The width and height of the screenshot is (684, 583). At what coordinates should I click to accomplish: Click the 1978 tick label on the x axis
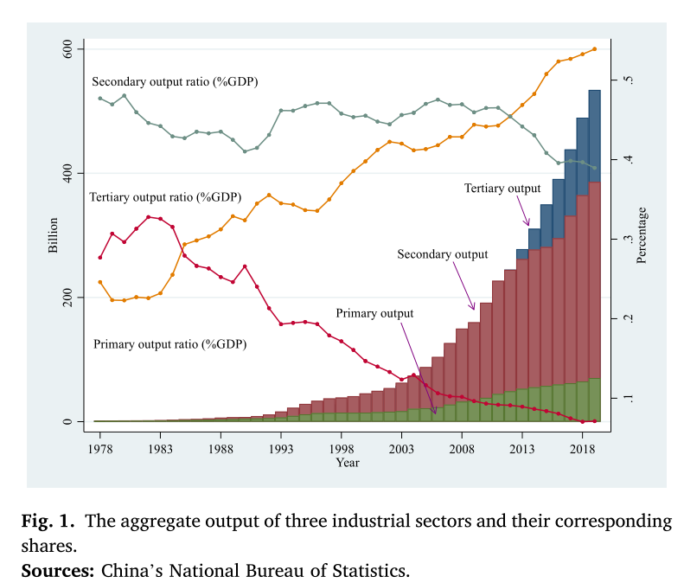click(99, 449)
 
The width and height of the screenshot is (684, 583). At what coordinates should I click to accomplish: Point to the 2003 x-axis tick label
click(401, 449)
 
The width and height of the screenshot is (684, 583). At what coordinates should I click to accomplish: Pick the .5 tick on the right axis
click(631, 80)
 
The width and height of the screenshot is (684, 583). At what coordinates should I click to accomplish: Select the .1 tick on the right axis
click(631, 399)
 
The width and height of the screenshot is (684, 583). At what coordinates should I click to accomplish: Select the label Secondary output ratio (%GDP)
click(175, 81)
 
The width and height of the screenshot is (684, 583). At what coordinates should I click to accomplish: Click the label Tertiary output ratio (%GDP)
click(165, 197)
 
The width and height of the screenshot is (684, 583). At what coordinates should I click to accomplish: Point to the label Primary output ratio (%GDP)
click(169, 343)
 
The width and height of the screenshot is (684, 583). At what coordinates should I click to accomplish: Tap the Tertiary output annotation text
click(502, 188)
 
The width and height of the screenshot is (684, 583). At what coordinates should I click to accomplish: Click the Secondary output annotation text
click(442, 254)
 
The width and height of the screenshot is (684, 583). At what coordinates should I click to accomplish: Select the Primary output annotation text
click(374, 313)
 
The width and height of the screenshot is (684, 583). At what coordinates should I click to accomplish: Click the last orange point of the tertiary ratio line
click(594, 49)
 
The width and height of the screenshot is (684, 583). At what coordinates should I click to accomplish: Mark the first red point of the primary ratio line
click(100, 258)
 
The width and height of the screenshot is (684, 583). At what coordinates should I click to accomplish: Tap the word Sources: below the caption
click(56, 571)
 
